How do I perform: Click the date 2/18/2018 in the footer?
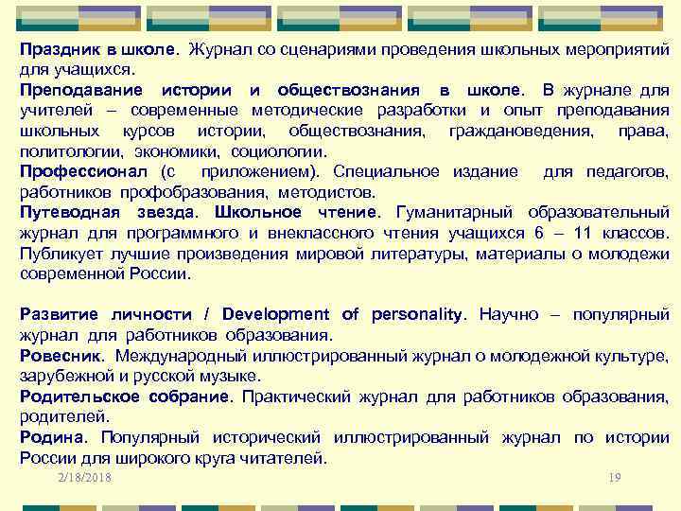pos(84,478)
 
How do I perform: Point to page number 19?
pos(615,478)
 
